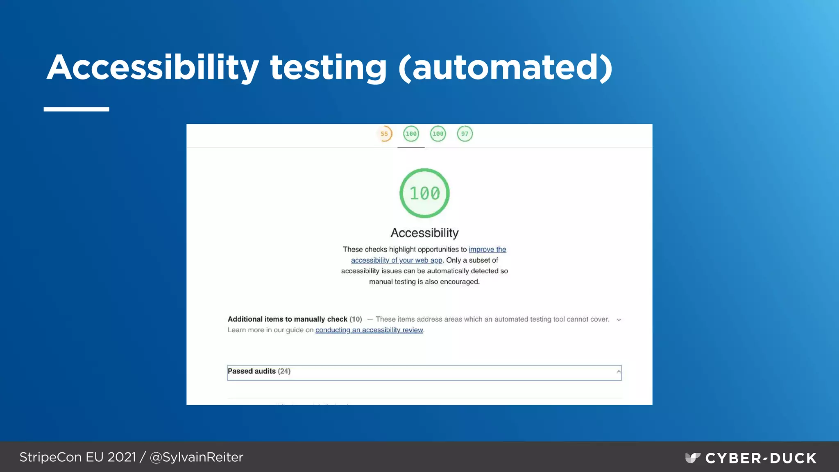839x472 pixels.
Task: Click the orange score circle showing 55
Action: [384, 134]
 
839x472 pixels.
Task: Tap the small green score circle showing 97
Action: [465, 134]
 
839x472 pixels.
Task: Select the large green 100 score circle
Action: [424, 193]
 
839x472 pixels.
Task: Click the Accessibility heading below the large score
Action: [424, 233]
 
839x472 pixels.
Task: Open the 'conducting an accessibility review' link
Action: [369, 330]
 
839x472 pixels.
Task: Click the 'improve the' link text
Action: [487, 250]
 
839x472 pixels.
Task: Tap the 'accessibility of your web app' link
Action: [397, 260]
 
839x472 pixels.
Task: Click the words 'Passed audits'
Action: [252, 371]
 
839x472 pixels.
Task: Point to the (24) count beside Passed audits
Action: [284, 371]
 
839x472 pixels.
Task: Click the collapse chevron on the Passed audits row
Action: [619, 372]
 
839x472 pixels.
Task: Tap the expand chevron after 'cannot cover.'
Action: [619, 320]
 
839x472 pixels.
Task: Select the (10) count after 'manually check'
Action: [356, 319]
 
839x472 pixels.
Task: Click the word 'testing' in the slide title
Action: [328, 68]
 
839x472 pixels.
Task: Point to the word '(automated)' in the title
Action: [506, 68]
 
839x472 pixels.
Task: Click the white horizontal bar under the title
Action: [76, 109]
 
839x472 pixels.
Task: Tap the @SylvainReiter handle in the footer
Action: [197, 457]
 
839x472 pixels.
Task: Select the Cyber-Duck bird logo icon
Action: [692, 458]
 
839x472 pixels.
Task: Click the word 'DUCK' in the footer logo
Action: [793, 458]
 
